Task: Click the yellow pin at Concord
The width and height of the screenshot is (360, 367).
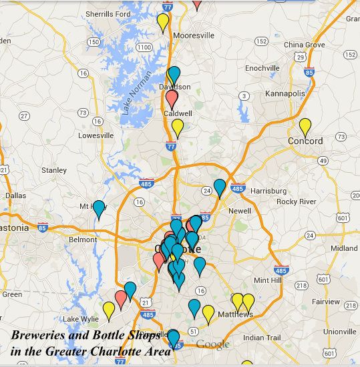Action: [305, 125]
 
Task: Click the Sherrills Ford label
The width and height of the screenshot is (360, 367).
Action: [108, 14]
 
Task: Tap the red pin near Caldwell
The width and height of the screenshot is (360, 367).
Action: [172, 99]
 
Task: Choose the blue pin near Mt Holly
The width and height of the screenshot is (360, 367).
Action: [99, 209]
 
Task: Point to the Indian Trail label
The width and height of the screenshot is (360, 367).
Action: [262, 338]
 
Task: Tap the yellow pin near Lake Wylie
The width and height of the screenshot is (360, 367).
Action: [109, 310]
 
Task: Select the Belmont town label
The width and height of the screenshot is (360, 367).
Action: [83, 239]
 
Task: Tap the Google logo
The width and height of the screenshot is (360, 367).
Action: [212, 344]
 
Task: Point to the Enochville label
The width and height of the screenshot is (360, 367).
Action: [262, 68]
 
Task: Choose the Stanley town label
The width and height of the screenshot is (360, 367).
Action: [54, 170]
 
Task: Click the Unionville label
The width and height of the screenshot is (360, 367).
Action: [340, 332]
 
